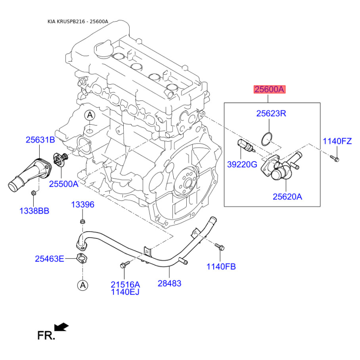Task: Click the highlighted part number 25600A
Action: tap(269, 89)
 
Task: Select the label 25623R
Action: tap(271, 113)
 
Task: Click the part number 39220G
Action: tap(242, 164)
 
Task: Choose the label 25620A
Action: tap(287, 197)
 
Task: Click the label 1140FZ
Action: tap(337, 141)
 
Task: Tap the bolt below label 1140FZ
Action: tap(335, 158)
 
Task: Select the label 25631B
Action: tap(40, 139)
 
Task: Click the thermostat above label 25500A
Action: tap(61, 159)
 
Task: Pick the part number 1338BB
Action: tap(34, 211)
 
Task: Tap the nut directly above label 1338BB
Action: tap(33, 193)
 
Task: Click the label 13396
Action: tap(83, 204)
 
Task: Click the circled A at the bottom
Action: tap(83, 285)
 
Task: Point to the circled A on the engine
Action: tap(90, 115)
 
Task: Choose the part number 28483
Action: tap(170, 283)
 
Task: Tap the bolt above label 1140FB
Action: tap(220, 247)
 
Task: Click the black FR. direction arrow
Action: tap(61, 327)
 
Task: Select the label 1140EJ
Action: tap(125, 292)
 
